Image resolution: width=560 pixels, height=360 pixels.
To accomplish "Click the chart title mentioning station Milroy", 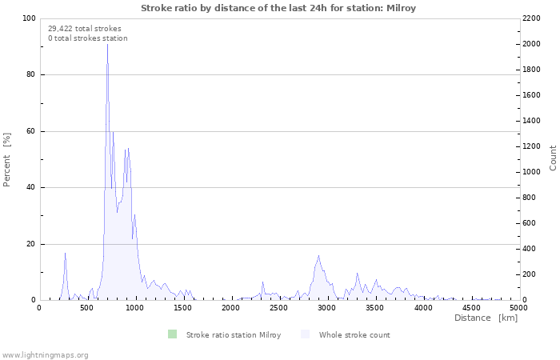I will (x=278, y=8).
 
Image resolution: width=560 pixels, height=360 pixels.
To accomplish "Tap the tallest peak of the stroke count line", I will (x=107, y=44).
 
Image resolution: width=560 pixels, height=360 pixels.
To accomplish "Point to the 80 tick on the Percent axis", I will (x=30, y=75).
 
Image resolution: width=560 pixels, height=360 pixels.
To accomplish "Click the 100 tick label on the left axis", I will (x=28, y=18).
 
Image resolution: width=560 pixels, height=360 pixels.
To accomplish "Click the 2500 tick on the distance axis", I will (x=279, y=308).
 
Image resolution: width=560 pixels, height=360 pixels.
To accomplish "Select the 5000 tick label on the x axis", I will (x=518, y=308).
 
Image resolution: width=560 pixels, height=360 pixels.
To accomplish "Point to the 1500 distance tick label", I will (x=183, y=308).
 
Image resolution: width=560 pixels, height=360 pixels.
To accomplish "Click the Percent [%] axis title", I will (x=7, y=159).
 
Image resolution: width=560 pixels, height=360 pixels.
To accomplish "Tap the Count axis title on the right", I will (x=553, y=158).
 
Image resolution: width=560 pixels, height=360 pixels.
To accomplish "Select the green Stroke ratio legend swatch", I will (x=172, y=334).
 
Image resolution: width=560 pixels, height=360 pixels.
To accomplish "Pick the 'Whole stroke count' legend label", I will (x=354, y=334).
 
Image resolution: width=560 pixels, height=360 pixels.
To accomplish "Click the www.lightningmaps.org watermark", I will (x=46, y=354).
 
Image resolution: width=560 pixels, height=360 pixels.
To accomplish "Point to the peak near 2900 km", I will (x=318, y=256).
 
